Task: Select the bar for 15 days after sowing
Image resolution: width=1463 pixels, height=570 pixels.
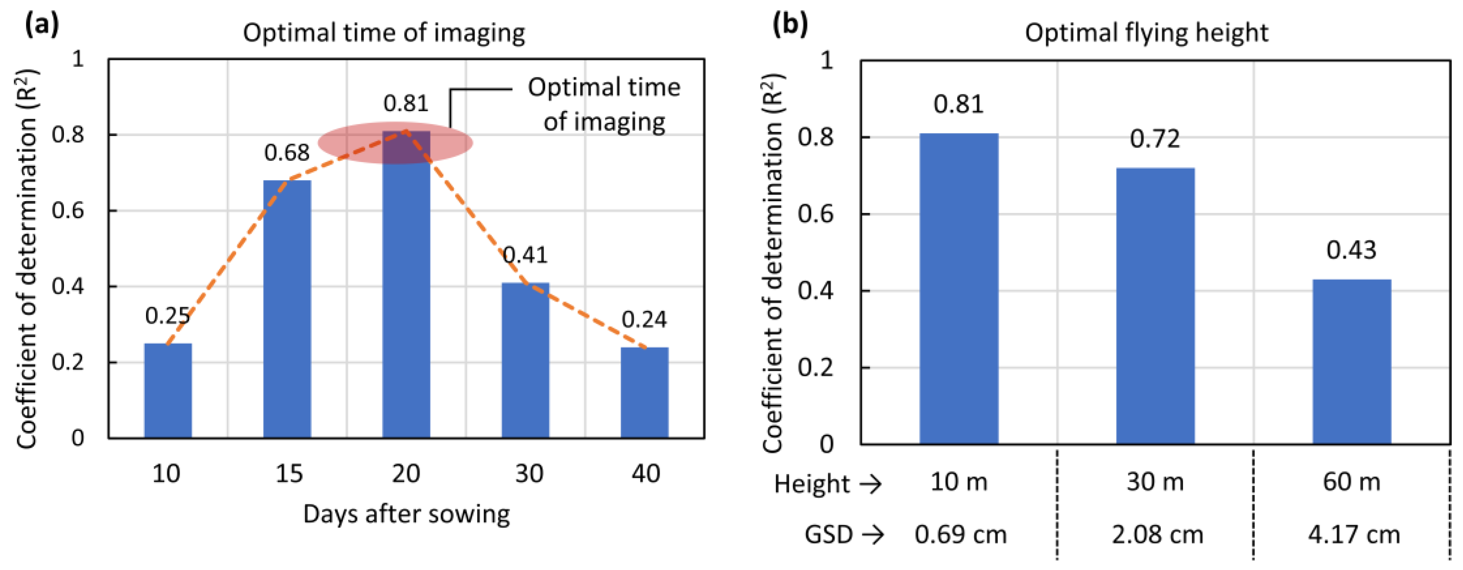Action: [287, 309]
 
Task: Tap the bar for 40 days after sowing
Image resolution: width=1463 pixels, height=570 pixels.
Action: [644, 393]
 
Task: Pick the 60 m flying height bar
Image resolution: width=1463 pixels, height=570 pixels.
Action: [1352, 361]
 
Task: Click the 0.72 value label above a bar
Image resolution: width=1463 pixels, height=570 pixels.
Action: [1154, 139]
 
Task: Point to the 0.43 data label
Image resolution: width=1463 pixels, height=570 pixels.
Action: [1351, 250]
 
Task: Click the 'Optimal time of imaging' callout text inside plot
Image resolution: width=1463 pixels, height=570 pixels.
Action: [604, 104]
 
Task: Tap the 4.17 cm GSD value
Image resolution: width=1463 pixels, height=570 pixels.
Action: [1354, 535]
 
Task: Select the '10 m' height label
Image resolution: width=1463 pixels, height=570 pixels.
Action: [959, 482]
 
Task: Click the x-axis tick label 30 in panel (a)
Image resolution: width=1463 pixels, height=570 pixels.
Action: [529, 473]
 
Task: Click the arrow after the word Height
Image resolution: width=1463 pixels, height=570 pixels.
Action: [870, 484]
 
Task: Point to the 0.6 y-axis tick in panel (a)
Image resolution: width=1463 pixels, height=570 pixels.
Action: [68, 211]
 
